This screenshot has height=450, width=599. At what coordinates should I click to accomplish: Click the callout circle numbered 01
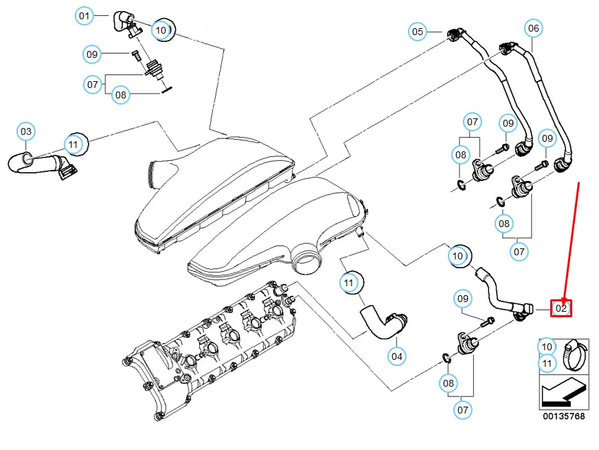coord(84,14)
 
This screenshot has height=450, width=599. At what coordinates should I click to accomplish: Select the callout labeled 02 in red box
coord(561,308)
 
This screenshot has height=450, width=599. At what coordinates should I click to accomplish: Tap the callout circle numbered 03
coord(25,131)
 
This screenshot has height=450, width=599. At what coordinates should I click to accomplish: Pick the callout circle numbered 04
coord(397,356)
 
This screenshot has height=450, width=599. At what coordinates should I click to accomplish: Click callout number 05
coord(418,31)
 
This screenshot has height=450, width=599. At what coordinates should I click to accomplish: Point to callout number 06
coord(533,28)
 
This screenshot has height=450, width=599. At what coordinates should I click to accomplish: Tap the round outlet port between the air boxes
coord(306,261)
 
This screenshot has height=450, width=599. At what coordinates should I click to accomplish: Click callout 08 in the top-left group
coord(121,95)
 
